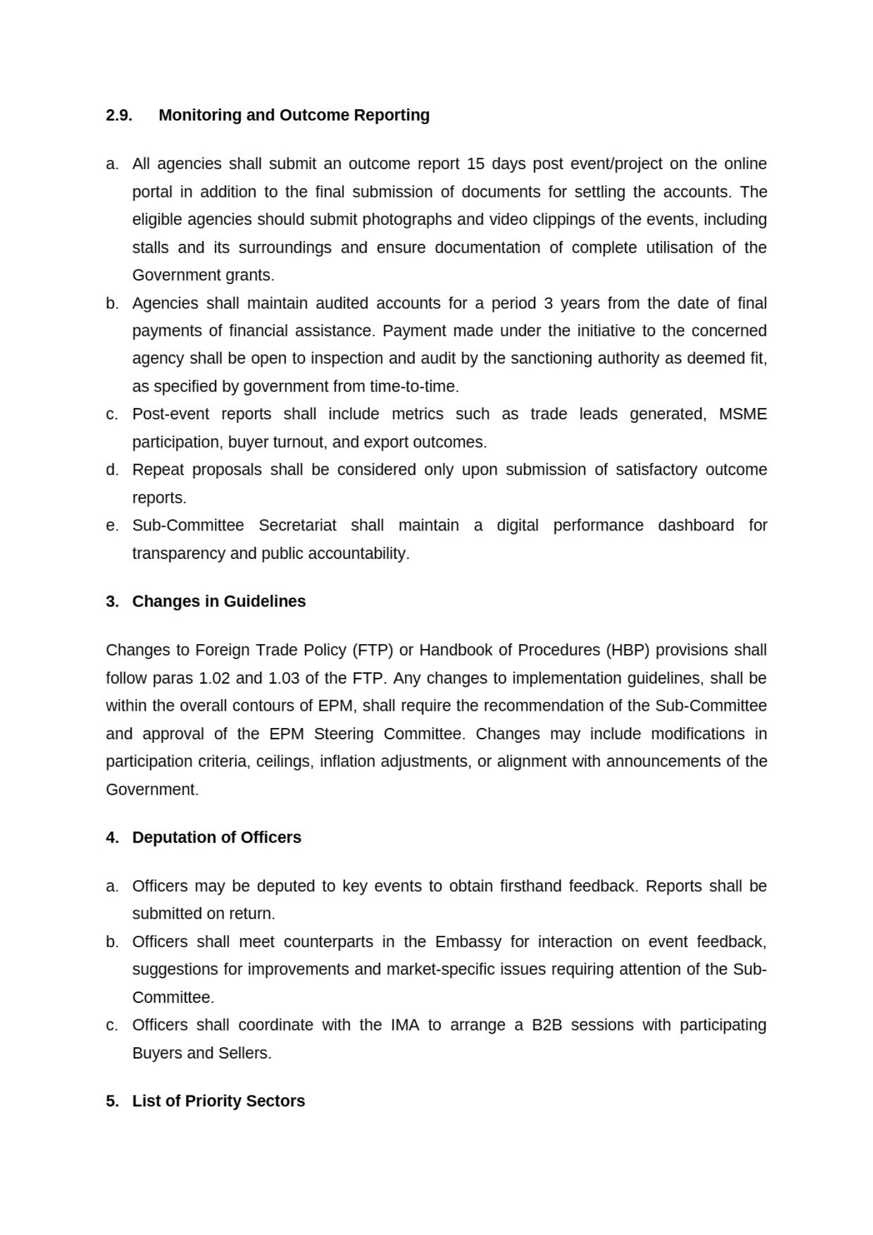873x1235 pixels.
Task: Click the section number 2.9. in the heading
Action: coord(119,115)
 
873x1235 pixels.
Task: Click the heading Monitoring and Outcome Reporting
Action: coord(294,115)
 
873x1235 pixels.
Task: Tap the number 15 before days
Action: coord(476,164)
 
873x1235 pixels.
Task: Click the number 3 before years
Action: coord(548,304)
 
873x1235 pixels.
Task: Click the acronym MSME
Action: coord(743,414)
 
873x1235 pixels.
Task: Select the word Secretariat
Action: coord(298,525)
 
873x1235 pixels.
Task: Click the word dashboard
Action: coord(696,525)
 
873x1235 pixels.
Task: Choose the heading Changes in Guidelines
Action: coord(219,601)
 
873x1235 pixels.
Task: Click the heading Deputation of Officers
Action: coord(217,838)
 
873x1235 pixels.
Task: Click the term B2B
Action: coord(547,1025)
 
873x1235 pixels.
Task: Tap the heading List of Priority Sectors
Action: coord(219,1102)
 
